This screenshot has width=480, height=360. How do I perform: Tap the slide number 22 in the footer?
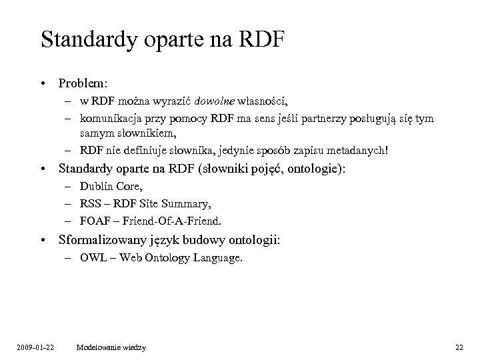(x=459, y=347)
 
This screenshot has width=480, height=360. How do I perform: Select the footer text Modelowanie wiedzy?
(x=111, y=347)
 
